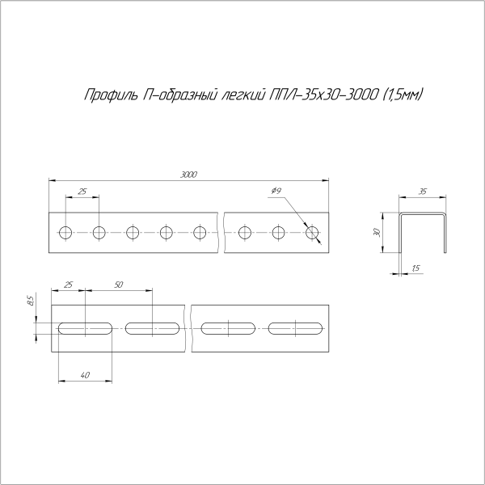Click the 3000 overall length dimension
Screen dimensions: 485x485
tap(188, 174)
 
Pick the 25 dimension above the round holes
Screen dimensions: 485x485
tap(82, 192)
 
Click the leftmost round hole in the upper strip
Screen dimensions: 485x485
tap(65, 234)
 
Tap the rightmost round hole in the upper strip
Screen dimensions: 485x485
tap(313, 234)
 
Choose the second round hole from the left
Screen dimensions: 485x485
tap(99, 234)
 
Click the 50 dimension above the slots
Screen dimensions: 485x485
tap(119, 285)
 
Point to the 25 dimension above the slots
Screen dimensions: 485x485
tap(68, 285)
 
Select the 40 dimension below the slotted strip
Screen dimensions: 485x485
tap(85, 373)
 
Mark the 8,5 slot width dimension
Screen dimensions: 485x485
tap(30, 302)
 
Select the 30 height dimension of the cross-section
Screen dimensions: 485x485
tap(377, 232)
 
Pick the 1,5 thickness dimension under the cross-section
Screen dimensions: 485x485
tap(415, 268)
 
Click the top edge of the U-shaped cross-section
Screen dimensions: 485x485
tap(423, 213)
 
